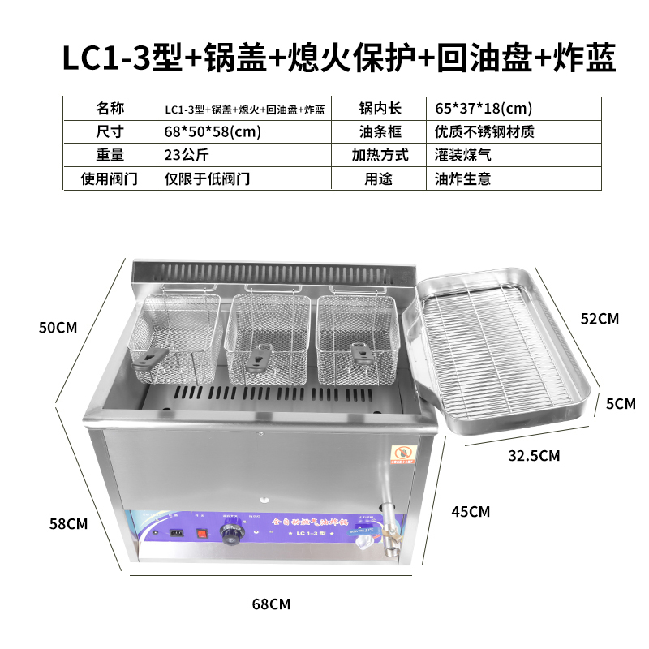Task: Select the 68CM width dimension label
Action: coord(271,604)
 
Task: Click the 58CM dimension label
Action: coord(67,523)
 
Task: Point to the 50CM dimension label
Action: coord(58,328)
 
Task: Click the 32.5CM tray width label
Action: coord(534,455)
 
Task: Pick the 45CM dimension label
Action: coord(470,512)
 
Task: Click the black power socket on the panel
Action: coord(175,534)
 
